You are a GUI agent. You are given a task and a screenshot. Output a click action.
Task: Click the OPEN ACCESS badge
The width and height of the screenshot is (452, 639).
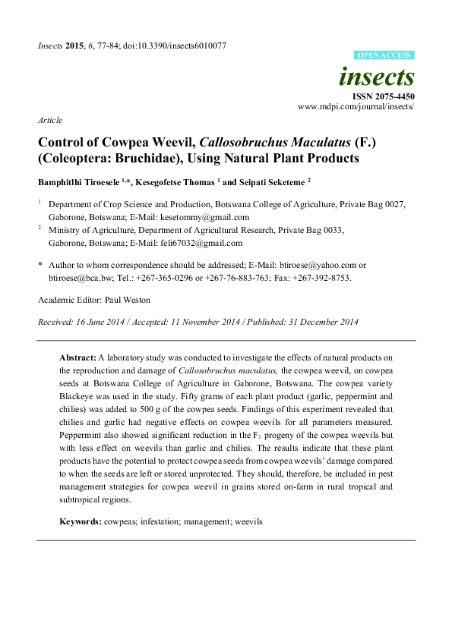click(384, 56)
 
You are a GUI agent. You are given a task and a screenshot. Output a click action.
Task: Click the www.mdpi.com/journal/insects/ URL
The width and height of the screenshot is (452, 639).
click(356, 107)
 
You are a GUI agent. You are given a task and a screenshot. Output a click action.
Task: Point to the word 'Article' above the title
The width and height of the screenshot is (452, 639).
click(49, 120)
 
